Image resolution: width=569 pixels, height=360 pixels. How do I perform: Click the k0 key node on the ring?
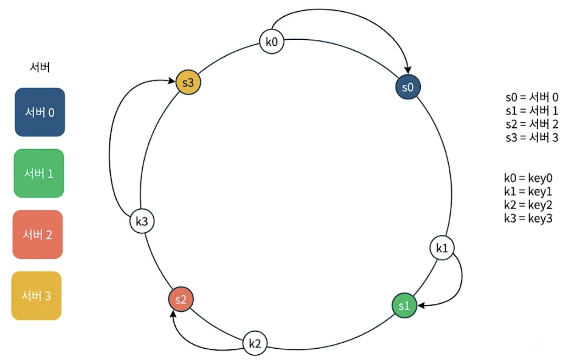click(x=272, y=41)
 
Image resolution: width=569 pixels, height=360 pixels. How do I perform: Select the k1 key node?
click(x=442, y=248)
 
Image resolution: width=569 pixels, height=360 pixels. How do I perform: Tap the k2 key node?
click(x=255, y=343)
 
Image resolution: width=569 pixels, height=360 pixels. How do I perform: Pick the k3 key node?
click(x=142, y=221)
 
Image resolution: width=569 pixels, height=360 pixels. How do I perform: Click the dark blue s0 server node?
click(x=408, y=87)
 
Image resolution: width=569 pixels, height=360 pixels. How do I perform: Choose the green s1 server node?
click(x=404, y=305)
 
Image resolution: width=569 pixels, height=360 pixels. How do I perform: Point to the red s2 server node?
click(x=181, y=299)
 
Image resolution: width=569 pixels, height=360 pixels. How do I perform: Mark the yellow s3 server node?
click(x=188, y=82)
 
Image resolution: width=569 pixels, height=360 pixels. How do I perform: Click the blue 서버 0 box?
click(x=40, y=112)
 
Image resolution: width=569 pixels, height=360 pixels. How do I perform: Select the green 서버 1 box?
click(x=39, y=173)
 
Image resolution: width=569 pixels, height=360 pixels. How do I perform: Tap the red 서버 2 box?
click(x=38, y=234)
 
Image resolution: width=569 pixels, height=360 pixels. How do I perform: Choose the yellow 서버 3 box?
click(x=36, y=296)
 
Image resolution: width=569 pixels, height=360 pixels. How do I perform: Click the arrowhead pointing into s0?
click(x=408, y=70)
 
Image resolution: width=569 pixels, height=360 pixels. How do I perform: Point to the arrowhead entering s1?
click(x=421, y=305)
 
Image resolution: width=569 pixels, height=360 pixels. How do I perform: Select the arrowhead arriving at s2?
click(x=173, y=314)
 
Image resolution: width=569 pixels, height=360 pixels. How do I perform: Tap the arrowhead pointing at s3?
click(x=171, y=81)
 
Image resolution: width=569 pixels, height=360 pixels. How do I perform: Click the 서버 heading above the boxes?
click(x=40, y=67)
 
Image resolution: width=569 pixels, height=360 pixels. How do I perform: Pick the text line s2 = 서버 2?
click(x=532, y=124)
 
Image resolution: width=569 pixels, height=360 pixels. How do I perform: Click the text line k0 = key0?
click(x=528, y=178)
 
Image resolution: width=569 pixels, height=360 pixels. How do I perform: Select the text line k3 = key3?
click(x=528, y=218)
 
